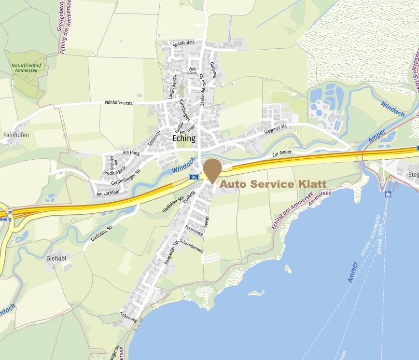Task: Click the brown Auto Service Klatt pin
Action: click(212, 169)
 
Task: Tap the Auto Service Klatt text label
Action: click(274, 184)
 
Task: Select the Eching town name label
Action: click(184, 138)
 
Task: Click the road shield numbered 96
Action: click(194, 177)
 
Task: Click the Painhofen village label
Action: click(15, 135)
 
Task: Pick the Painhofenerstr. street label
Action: click(118, 102)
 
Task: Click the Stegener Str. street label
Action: click(275, 129)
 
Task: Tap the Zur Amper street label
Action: click(282, 153)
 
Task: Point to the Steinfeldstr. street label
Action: click(183, 45)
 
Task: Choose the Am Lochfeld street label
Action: click(108, 194)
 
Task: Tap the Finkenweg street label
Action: click(129, 319)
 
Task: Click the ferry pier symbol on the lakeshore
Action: click(388, 194)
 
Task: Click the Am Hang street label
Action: click(131, 152)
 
